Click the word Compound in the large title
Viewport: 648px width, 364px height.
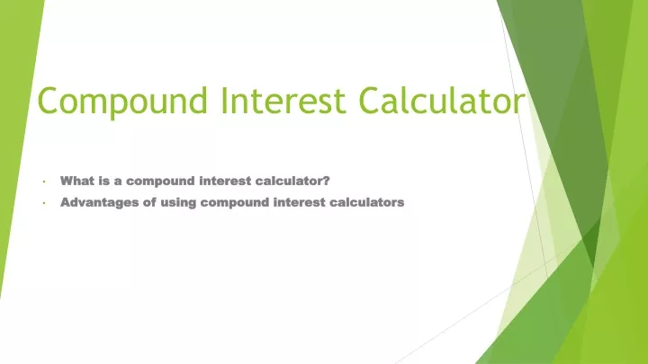(x=122, y=102)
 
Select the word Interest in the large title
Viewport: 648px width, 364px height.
(x=283, y=100)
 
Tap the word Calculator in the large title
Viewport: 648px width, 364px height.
(x=443, y=100)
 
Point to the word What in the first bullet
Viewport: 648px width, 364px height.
(x=76, y=181)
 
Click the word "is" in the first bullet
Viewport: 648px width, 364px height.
(x=104, y=181)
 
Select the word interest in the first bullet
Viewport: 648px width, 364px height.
(x=225, y=182)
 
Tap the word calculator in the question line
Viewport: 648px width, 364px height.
(x=289, y=181)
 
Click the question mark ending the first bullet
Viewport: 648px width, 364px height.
(x=326, y=181)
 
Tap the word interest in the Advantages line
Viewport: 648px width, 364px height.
(x=300, y=202)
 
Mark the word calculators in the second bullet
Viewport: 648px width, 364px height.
(x=367, y=202)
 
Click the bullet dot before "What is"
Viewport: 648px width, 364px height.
(x=44, y=182)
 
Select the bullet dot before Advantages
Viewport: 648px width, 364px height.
(x=44, y=202)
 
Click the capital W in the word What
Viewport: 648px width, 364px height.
(x=67, y=181)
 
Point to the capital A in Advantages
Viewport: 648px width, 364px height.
(x=66, y=202)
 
